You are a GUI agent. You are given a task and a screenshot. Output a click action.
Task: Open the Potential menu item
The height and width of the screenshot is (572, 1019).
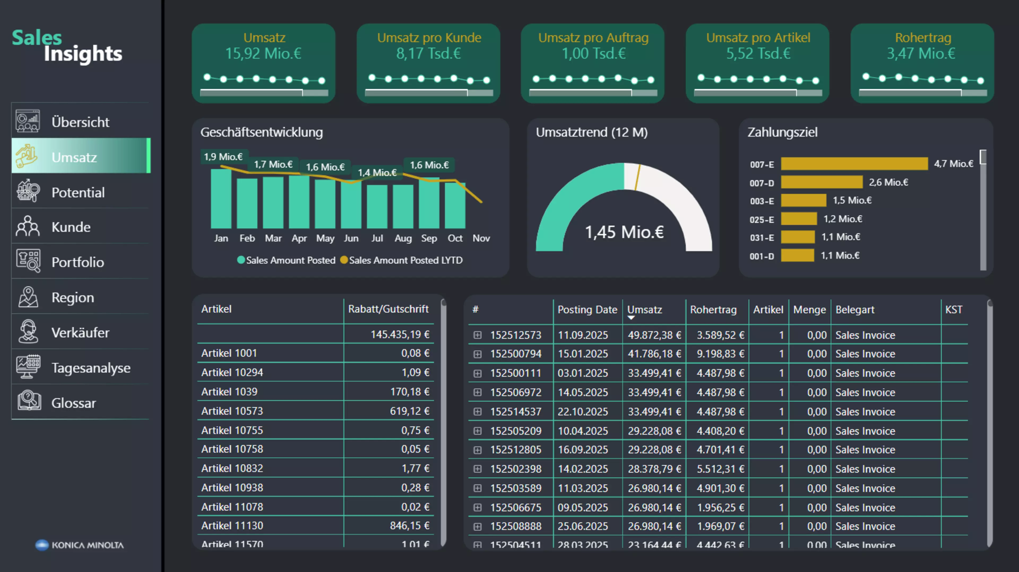pos(78,193)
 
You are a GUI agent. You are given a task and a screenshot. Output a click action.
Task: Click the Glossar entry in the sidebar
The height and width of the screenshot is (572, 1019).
pos(74,403)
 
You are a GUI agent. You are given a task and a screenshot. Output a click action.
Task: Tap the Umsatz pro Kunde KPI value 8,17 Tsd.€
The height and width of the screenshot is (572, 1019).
pos(428,53)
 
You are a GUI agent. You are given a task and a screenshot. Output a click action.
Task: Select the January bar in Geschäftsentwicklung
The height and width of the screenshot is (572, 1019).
pos(221,199)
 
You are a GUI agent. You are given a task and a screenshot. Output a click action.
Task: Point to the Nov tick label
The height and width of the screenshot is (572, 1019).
pos(481,238)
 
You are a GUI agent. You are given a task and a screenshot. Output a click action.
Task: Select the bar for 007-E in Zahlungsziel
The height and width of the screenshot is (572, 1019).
pos(854,164)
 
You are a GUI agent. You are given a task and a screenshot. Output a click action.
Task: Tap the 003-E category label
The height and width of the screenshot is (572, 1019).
pos(762,201)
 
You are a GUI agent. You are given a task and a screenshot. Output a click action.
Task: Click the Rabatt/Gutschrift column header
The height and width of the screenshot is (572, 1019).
pos(388,309)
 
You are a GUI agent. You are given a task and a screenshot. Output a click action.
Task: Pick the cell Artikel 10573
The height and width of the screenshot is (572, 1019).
pos(232,411)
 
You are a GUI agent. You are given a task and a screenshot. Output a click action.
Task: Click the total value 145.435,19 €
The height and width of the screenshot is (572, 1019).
pos(400,335)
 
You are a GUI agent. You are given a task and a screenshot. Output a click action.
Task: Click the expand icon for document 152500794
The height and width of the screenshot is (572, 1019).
pos(477,354)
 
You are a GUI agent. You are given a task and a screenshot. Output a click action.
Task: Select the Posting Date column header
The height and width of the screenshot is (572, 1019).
pos(587,310)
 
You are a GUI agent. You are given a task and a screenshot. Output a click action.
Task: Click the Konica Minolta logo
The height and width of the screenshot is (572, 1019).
pos(80,545)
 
